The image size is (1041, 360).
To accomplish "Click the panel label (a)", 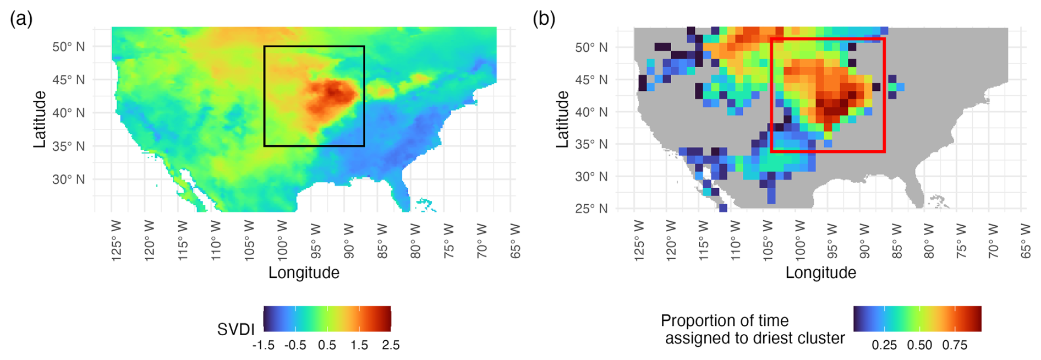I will coord(21,19).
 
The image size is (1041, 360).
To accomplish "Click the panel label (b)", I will coord(544,19).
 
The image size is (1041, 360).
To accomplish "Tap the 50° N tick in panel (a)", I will coord(69,47).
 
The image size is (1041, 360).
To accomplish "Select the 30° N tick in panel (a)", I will coord(69,179).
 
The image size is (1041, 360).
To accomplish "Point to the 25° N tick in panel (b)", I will coord(591,209).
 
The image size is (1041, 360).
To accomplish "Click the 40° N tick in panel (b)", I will coord(591,112).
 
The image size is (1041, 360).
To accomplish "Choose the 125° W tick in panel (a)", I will coord(117,241).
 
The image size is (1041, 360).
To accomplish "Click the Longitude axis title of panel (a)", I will coord(304,272).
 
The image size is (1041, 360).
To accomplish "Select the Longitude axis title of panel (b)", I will coord(820,272).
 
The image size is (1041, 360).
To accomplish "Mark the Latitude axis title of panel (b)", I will coord(562,119).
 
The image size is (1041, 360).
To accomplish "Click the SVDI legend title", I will coord(235,330).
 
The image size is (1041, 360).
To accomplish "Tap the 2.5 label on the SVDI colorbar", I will coord(390,345).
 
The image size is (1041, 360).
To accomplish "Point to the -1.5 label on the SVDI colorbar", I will coord(263,345).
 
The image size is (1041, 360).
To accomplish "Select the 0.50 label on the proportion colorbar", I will coord(919,345).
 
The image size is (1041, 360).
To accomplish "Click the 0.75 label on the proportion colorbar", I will coord(955,345).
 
